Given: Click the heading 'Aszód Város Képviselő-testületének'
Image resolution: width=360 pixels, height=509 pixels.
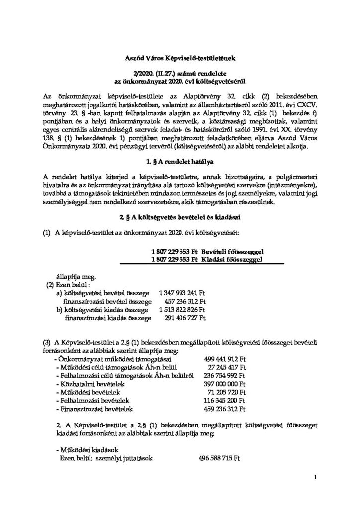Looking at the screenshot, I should [x=180, y=59].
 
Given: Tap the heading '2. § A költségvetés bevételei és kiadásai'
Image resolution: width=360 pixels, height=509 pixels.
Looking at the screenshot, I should [x=180, y=218].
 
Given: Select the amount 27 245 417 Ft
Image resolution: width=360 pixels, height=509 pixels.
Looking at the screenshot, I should [x=227, y=367].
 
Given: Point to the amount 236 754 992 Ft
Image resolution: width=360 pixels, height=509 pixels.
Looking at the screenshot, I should [x=225, y=376].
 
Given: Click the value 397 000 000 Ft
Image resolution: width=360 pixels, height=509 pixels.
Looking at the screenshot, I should [x=225, y=384].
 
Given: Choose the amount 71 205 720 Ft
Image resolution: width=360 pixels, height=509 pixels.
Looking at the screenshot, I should [x=227, y=393].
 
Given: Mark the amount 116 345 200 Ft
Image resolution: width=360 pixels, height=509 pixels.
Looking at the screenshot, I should [x=225, y=401].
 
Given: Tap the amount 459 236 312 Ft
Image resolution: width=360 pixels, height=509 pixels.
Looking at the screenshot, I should [x=225, y=409].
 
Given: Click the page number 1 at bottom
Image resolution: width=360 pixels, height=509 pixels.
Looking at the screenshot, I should [x=316, y=478].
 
